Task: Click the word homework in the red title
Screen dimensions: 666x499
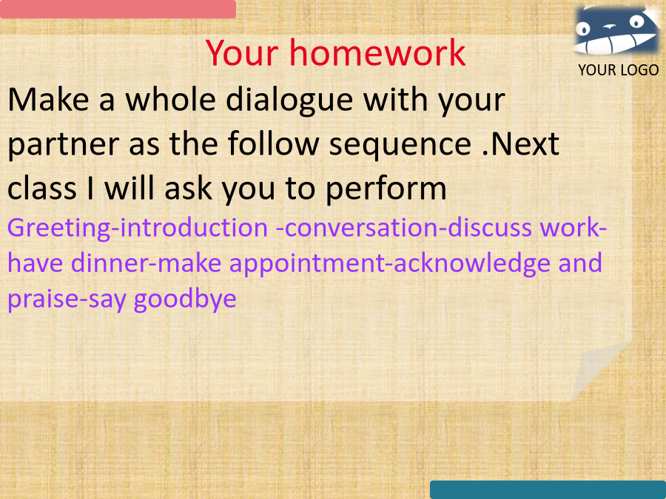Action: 377,53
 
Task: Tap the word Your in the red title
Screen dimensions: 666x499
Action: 242,53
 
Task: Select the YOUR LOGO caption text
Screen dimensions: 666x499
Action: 619,70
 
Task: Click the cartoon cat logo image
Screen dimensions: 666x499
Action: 616,30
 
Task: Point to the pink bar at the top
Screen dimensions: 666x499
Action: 118,9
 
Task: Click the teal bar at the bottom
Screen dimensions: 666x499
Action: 548,489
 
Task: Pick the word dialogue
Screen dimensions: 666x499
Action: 289,101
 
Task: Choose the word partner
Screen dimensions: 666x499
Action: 64,145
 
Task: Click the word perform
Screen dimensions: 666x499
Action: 386,189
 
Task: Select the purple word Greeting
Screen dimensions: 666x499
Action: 58,228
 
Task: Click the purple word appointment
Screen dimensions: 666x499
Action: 307,264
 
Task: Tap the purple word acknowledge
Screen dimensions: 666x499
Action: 472,264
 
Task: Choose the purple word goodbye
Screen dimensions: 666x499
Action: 185,299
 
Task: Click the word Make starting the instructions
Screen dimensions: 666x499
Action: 48,100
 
